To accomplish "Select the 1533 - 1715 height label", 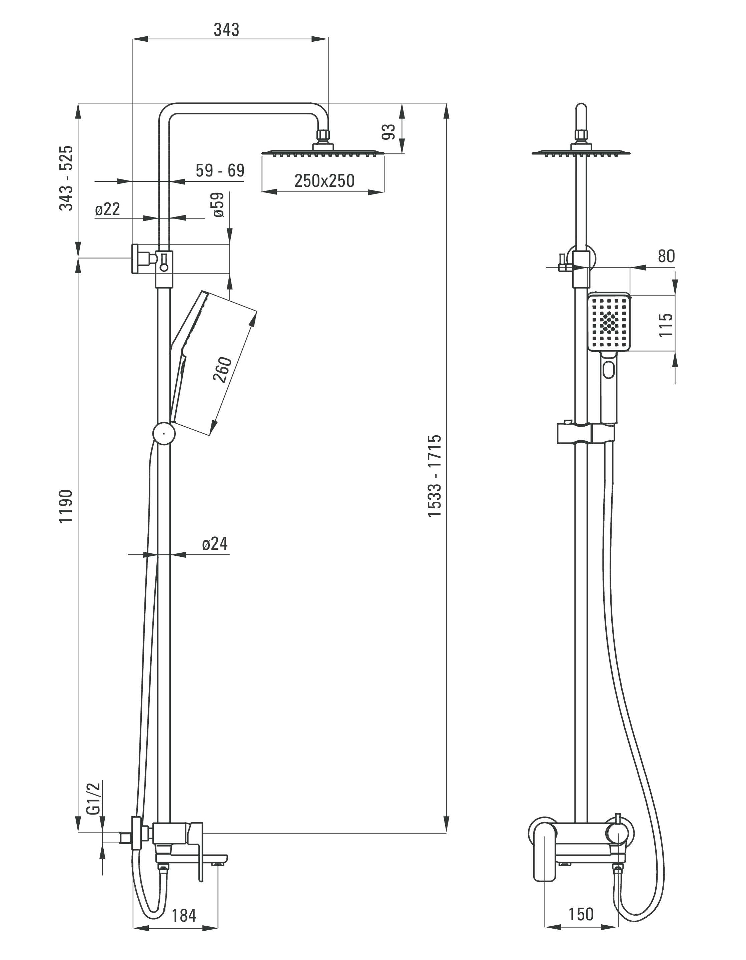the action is click(435, 476).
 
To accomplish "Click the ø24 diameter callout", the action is click(215, 544).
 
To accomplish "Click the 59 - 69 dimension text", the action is click(220, 170).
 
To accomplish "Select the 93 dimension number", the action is click(389, 132).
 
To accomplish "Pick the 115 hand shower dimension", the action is click(666, 325).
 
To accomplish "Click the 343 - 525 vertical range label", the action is click(66, 178).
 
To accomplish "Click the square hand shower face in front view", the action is click(609, 323).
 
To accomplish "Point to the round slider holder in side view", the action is click(164, 433).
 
